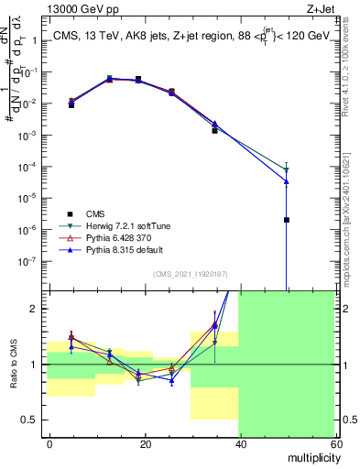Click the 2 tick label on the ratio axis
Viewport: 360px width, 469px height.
click(x=38, y=309)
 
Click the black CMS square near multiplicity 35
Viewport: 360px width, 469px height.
click(x=214, y=131)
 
